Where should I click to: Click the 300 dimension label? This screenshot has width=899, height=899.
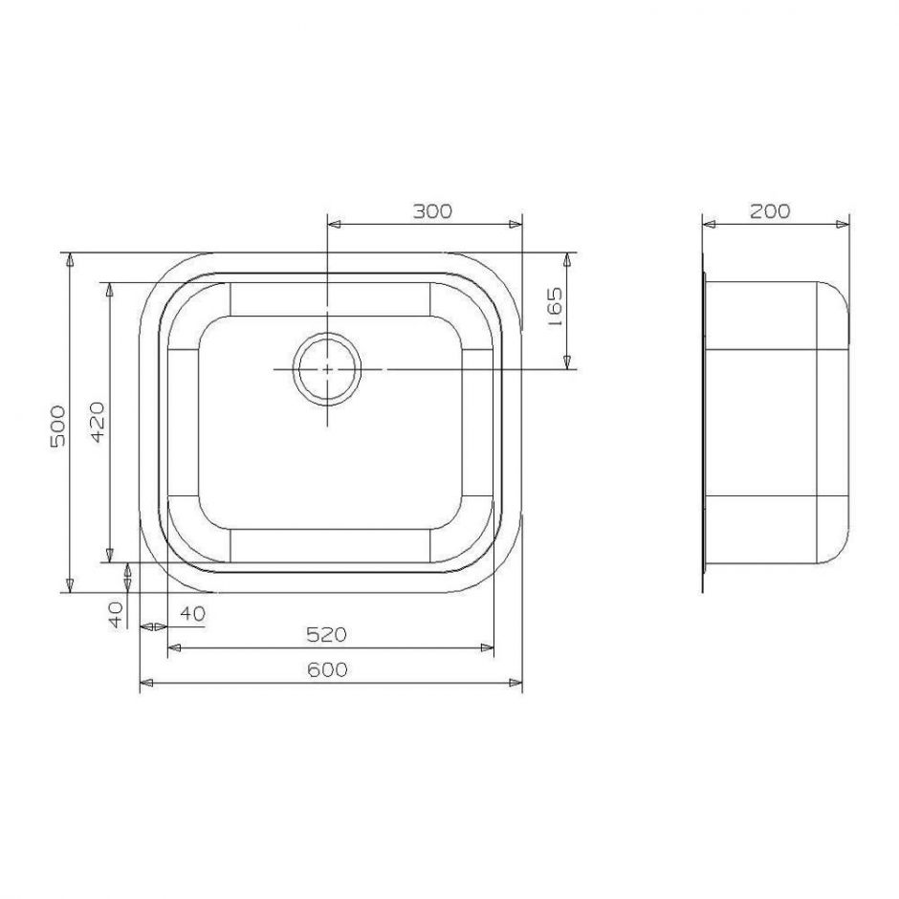(432, 211)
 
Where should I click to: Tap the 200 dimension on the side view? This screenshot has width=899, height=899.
(770, 211)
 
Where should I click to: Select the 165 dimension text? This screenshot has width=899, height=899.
(556, 307)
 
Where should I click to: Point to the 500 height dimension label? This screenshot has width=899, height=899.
(58, 426)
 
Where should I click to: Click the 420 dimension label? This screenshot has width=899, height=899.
(98, 422)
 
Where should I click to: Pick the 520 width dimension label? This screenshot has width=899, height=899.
(327, 635)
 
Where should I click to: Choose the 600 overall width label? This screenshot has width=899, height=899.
(327, 669)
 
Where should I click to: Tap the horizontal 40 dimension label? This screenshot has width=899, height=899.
(192, 614)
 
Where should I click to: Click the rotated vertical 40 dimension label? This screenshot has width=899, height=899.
(117, 615)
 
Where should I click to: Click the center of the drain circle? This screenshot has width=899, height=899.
(327, 369)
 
